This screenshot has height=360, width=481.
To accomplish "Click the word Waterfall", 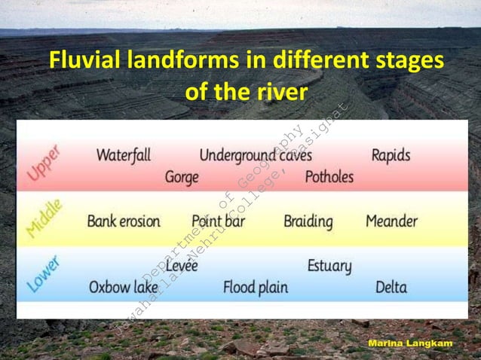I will coord(124,155).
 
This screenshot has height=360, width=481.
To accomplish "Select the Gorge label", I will coord(182,178).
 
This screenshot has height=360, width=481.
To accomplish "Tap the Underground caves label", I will coord(255,155).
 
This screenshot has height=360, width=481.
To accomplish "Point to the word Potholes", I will coord(329,178).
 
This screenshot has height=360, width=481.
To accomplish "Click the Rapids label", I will coord(391,155).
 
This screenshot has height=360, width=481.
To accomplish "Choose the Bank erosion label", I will coord(124,221).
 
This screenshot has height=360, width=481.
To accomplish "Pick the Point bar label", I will coord(218,221).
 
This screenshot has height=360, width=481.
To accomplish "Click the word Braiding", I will coord(308,221).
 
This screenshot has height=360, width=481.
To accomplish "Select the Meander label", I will coord(391,221).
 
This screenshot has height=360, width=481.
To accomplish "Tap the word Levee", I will coord(181,266).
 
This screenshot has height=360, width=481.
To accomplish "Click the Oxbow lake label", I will coord(124,287).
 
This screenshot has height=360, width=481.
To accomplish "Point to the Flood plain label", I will coord(255,287).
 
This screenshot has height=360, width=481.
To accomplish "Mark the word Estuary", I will coord(329,266).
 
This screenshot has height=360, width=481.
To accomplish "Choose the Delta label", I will coord(391,287).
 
